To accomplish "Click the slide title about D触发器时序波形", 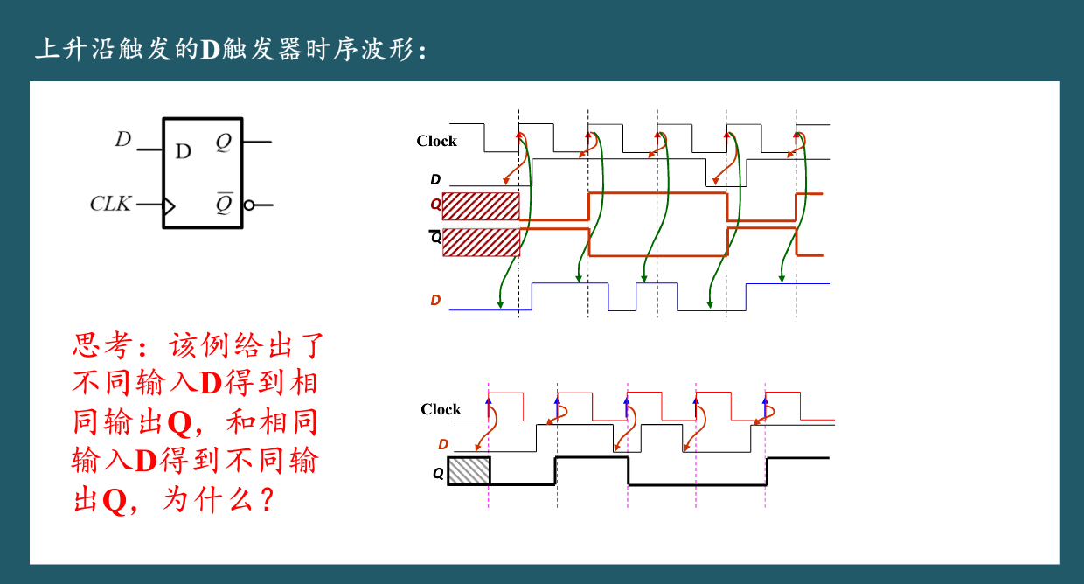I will (x=231, y=49).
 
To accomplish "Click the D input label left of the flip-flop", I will (x=123, y=139).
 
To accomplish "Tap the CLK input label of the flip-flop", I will (x=110, y=204).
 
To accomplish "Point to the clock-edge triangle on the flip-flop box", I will (x=169, y=206).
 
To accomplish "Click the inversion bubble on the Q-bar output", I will (x=249, y=205).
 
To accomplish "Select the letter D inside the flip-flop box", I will (x=183, y=151).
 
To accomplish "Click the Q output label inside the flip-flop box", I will (x=224, y=142).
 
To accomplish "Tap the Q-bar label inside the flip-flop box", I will (x=224, y=204).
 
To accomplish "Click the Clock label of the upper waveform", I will (x=436, y=141).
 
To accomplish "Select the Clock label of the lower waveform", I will (x=440, y=409).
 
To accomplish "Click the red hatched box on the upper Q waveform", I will (x=481, y=207).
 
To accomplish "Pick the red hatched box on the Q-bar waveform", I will (x=481, y=242).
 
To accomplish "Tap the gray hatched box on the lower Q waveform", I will (x=469, y=471).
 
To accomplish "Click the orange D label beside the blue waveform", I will (x=435, y=301).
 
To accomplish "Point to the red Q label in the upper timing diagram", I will (x=435, y=204).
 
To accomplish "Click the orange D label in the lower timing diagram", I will (x=443, y=445).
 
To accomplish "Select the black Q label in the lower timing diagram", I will (x=438, y=474).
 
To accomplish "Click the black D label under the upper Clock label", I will (x=435, y=180).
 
